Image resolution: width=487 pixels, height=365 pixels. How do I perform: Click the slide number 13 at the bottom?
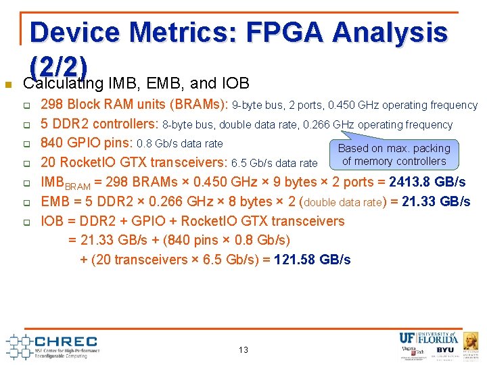(243, 349)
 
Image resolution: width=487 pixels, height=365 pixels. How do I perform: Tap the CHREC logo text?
(66, 341)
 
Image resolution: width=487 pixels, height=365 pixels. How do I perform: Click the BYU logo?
(446, 350)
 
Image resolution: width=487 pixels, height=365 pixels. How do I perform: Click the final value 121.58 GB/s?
(317, 260)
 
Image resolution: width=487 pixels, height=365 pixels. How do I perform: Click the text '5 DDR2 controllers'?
(99, 124)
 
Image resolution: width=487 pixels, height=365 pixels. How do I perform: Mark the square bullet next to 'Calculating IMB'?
(8, 85)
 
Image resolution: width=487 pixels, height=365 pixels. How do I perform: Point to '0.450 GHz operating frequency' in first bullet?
(403, 105)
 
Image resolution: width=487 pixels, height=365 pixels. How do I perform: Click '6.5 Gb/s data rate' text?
(275, 163)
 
